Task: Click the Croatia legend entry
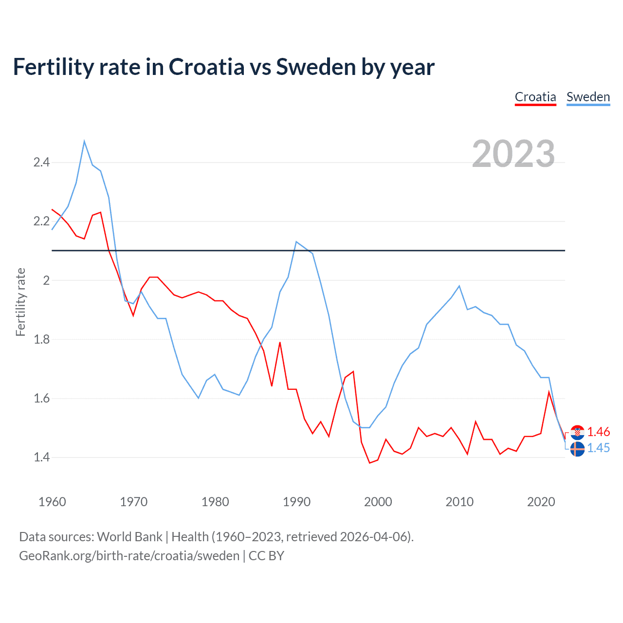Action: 535,97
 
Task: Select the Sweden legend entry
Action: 588,97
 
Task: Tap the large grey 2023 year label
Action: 513,154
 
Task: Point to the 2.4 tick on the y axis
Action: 41,162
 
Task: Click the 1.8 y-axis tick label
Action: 41,339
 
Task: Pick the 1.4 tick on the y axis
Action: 41,457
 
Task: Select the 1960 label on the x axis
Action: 52,502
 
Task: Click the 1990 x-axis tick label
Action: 296,502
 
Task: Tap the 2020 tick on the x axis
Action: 541,502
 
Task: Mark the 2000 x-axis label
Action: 378,502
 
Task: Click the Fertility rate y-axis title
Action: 20,302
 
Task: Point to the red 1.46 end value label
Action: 598,432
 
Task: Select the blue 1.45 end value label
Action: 598,448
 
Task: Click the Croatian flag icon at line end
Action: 577,432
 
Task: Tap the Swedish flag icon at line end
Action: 577,449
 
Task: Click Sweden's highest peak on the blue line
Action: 84,142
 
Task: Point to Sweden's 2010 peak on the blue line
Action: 459,286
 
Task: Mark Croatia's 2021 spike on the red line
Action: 549,392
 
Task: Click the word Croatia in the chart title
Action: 206,67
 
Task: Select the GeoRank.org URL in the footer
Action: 129,555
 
